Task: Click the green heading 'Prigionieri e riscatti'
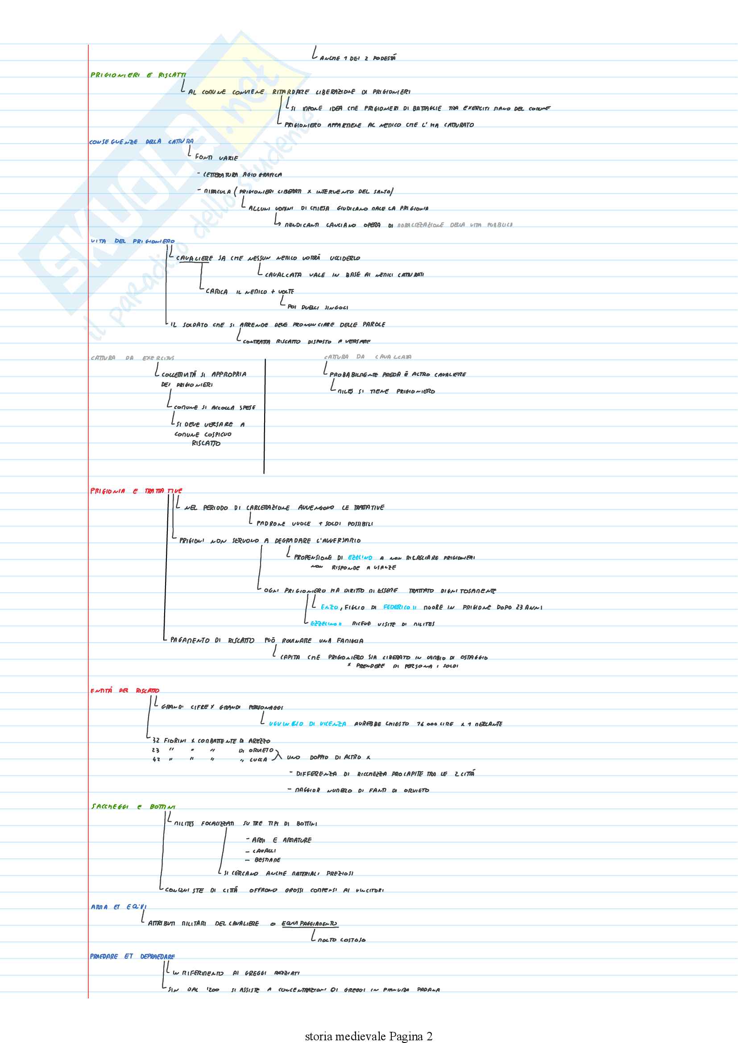click(138, 75)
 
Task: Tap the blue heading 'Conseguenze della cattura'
click(141, 142)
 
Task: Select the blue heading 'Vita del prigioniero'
click(132, 241)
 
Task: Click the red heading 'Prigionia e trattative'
click(136, 491)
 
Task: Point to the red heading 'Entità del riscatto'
click(124, 691)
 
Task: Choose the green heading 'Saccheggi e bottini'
click(133, 807)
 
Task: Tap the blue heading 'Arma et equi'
click(118, 907)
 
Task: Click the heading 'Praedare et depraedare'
click(132, 956)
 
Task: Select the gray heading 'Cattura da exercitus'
click(132, 358)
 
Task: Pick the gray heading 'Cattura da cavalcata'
click(368, 357)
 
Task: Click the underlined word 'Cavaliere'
click(194, 259)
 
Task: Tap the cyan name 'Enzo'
click(329, 607)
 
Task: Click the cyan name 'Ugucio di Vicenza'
click(307, 724)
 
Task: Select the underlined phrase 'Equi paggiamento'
click(310, 923)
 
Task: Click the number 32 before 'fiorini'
click(156, 741)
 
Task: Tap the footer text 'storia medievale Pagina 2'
click(369, 1036)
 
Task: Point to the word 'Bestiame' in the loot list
click(268, 860)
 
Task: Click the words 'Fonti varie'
click(216, 157)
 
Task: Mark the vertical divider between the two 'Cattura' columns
click(265, 416)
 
